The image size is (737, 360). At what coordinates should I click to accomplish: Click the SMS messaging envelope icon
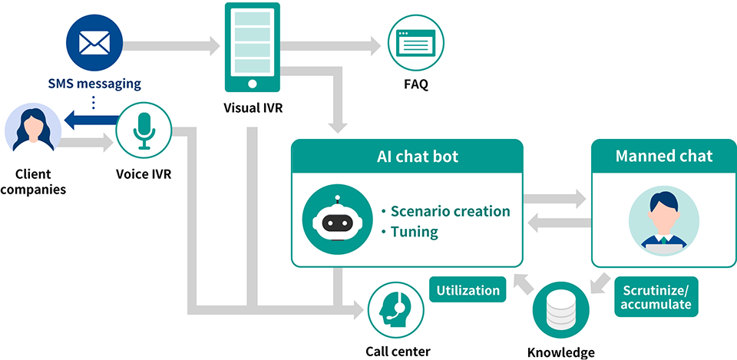[94, 45]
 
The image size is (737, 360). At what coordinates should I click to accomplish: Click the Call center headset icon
[396, 309]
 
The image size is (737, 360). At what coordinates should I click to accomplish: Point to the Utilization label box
[468, 290]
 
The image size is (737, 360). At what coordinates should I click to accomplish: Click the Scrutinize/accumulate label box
[656, 297]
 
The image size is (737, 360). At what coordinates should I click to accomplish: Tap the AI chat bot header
[407, 157]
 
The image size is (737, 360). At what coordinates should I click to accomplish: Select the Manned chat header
[664, 157]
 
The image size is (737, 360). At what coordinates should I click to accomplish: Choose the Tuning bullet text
[415, 232]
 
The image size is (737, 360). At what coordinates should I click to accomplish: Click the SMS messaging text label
[95, 82]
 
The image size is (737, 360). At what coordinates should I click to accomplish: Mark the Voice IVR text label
[144, 173]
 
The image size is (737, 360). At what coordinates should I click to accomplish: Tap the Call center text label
[398, 351]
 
